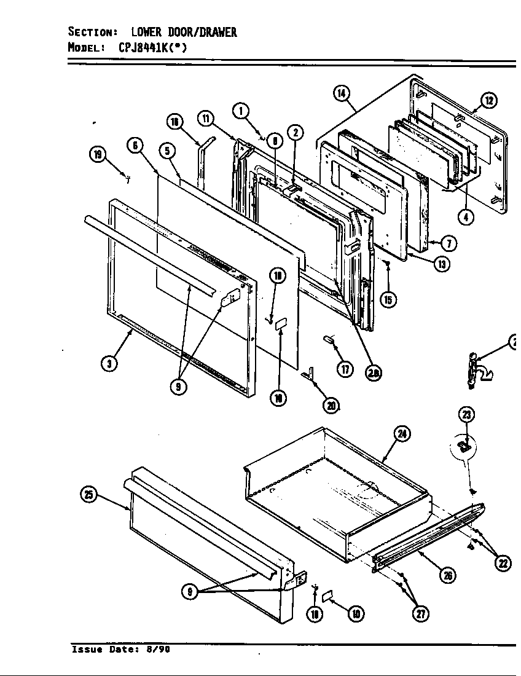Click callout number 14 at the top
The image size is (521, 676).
pos(341,93)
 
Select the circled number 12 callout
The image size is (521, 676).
pos(488,101)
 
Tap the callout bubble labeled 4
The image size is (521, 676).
pos(468,218)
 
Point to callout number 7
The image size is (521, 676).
pos(449,244)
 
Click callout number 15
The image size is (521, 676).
pos(388,299)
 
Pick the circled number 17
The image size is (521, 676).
pos(346,370)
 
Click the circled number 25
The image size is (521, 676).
pos(90,495)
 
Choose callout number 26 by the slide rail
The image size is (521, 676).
pos(448,575)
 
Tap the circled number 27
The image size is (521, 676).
pos(420,613)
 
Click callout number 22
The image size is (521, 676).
pos(504,562)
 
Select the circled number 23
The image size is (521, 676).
pos(468,415)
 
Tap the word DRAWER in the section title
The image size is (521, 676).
pos(213,33)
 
